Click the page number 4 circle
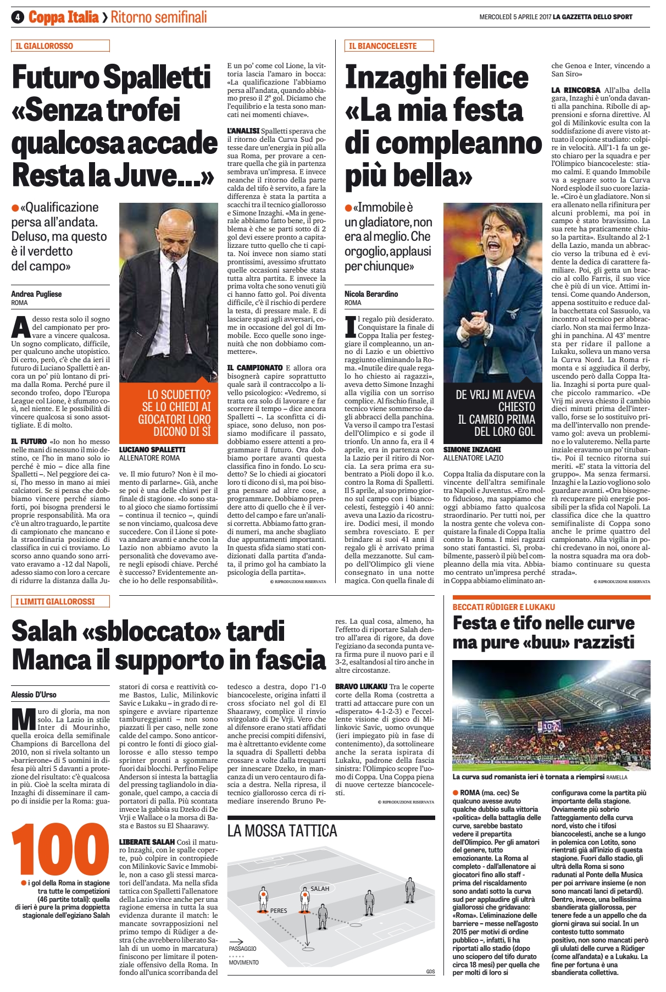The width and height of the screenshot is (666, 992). (18, 17)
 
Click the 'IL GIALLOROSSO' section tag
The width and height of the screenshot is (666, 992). (44, 46)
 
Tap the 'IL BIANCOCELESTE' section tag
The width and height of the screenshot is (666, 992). (382, 46)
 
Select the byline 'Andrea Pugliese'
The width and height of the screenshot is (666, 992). (36, 294)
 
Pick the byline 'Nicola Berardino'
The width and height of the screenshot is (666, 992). (371, 294)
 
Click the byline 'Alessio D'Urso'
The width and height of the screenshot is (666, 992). (34, 695)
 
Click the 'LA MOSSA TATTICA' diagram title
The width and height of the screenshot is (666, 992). (282, 830)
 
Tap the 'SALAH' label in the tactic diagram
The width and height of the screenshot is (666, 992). (320, 888)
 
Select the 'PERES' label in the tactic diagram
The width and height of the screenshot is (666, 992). (279, 911)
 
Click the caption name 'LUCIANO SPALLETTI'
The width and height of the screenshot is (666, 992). (152, 450)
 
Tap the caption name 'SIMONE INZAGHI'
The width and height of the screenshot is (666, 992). (472, 450)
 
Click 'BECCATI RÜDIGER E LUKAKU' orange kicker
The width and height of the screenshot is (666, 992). (503, 607)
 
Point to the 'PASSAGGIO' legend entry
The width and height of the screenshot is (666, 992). (242, 949)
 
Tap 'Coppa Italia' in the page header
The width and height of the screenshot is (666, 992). (64, 17)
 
